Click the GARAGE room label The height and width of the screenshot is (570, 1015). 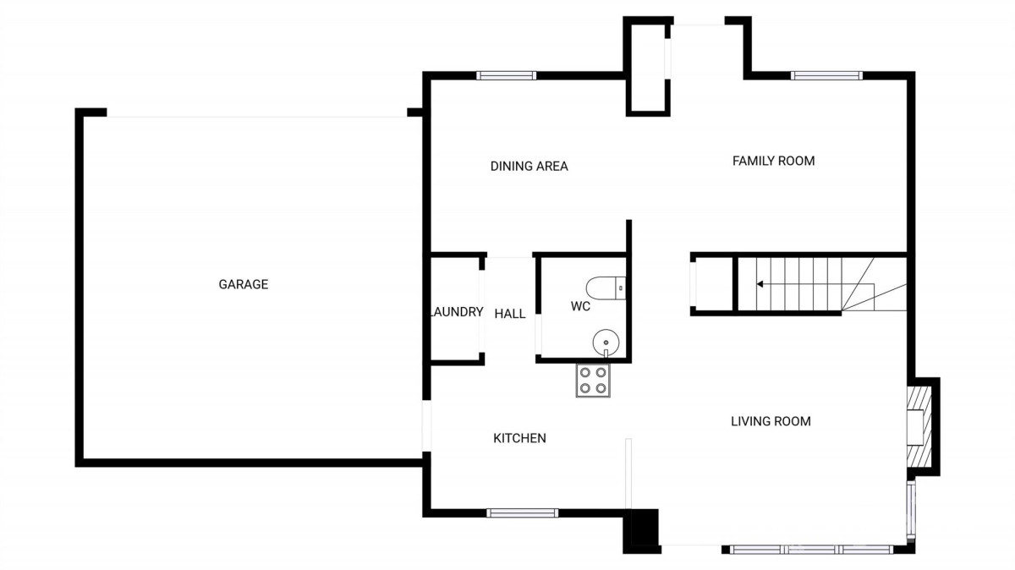point(244,284)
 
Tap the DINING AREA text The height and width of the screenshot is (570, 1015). point(529,167)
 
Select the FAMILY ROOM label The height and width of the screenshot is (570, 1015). point(773,161)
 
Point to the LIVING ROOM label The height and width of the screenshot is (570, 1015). point(771,421)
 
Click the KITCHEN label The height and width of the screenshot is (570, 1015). point(519,438)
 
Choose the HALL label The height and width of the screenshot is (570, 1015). point(510,314)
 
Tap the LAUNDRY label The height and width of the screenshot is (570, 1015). point(456,312)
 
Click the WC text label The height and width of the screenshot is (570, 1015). point(580,306)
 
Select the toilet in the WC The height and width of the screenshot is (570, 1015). point(606,288)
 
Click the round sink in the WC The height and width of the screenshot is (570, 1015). point(606,343)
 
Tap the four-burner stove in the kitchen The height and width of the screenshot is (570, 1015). point(593,381)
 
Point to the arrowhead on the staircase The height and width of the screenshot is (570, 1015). point(760,284)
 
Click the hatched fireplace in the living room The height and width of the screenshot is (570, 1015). point(919,426)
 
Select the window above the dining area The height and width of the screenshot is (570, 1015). point(506,75)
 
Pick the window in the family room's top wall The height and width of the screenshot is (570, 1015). point(826,75)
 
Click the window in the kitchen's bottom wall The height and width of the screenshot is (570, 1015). point(523,512)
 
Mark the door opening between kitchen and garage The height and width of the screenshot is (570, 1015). point(426,426)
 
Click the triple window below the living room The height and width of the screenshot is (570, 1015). point(811,550)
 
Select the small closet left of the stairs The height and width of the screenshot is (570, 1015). point(712,284)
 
